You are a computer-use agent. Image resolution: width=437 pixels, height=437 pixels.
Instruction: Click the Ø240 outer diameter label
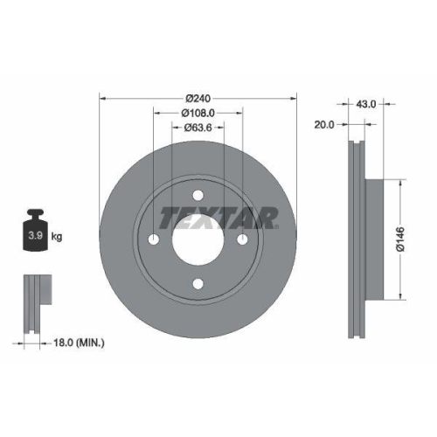click(198, 97)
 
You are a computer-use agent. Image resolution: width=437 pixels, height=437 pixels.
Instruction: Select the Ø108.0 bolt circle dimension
click(198, 112)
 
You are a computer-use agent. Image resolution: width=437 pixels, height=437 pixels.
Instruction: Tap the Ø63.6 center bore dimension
click(198, 128)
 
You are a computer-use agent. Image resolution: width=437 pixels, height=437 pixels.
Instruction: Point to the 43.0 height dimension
click(366, 104)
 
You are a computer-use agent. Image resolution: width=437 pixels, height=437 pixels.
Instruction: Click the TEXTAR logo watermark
click(218, 217)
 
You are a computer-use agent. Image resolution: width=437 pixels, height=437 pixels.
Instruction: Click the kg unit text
click(58, 236)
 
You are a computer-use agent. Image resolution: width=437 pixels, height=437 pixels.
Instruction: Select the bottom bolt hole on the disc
click(198, 284)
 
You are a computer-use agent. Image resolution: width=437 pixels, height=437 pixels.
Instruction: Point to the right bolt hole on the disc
click(243, 239)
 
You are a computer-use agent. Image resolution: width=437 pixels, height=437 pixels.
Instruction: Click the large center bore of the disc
click(198, 239)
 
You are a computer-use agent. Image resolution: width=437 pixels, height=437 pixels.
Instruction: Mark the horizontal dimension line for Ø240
click(140, 97)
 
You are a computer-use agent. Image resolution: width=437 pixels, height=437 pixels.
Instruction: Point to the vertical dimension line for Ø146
click(399, 201)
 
